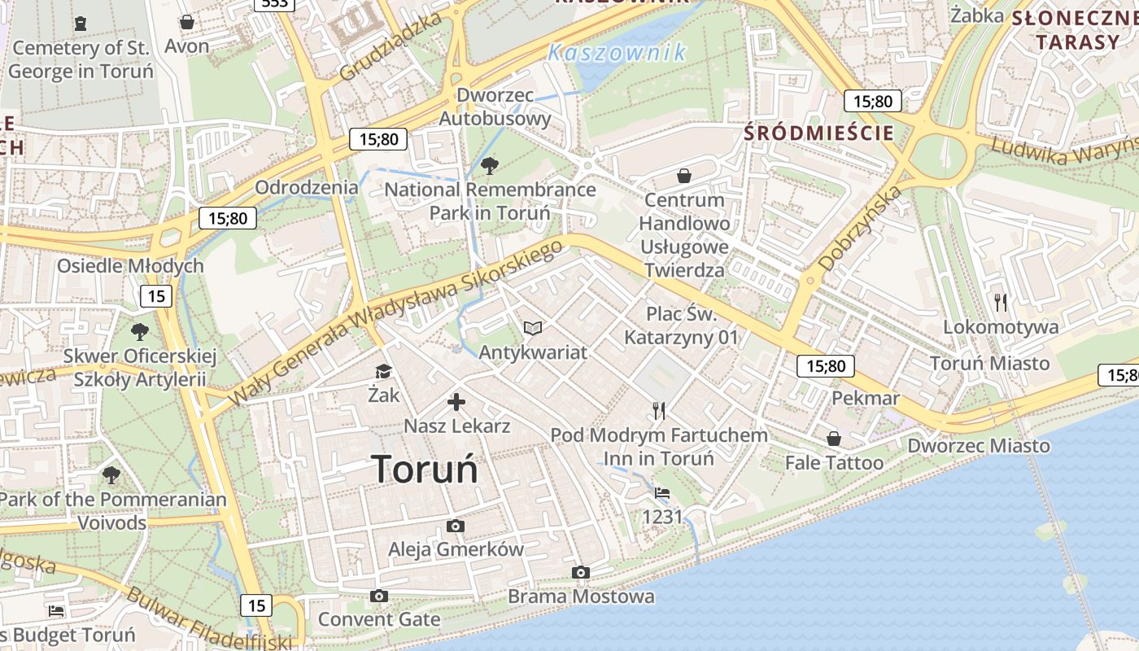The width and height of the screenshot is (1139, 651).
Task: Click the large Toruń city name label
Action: click(x=424, y=470)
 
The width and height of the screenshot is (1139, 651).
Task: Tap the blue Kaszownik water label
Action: click(x=617, y=53)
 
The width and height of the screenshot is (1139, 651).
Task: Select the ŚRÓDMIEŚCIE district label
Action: click(x=819, y=133)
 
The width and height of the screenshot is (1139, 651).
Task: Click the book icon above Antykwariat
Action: click(x=533, y=328)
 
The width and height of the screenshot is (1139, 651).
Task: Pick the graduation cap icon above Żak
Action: click(x=382, y=372)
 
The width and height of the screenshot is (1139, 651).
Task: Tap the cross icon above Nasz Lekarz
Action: click(x=456, y=401)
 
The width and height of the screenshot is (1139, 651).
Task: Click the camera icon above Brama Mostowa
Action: click(x=581, y=572)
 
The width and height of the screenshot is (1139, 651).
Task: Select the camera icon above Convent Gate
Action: click(x=378, y=596)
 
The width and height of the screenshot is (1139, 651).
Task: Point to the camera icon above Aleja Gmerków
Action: click(x=456, y=526)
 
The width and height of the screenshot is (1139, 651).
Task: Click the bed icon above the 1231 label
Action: click(x=662, y=493)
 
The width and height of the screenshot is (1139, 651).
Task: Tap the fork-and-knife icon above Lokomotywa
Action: click(x=1001, y=303)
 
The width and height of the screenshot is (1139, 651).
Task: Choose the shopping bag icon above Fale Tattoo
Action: click(x=834, y=439)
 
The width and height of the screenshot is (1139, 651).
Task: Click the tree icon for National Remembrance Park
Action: click(x=490, y=166)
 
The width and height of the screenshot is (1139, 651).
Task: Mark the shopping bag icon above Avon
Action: click(x=187, y=22)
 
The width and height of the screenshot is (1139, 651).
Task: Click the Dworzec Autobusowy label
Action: click(x=495, y=107)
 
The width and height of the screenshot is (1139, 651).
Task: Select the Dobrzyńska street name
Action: click(x=860, y=228)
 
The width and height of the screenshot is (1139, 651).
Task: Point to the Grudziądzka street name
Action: click(x=390, y=46)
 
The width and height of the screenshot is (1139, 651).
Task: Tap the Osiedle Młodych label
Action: click(x=130, y=266)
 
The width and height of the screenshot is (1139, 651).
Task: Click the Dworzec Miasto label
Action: click(x=979, y=446)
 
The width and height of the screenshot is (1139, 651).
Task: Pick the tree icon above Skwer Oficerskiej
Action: click(x=140, y=331)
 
